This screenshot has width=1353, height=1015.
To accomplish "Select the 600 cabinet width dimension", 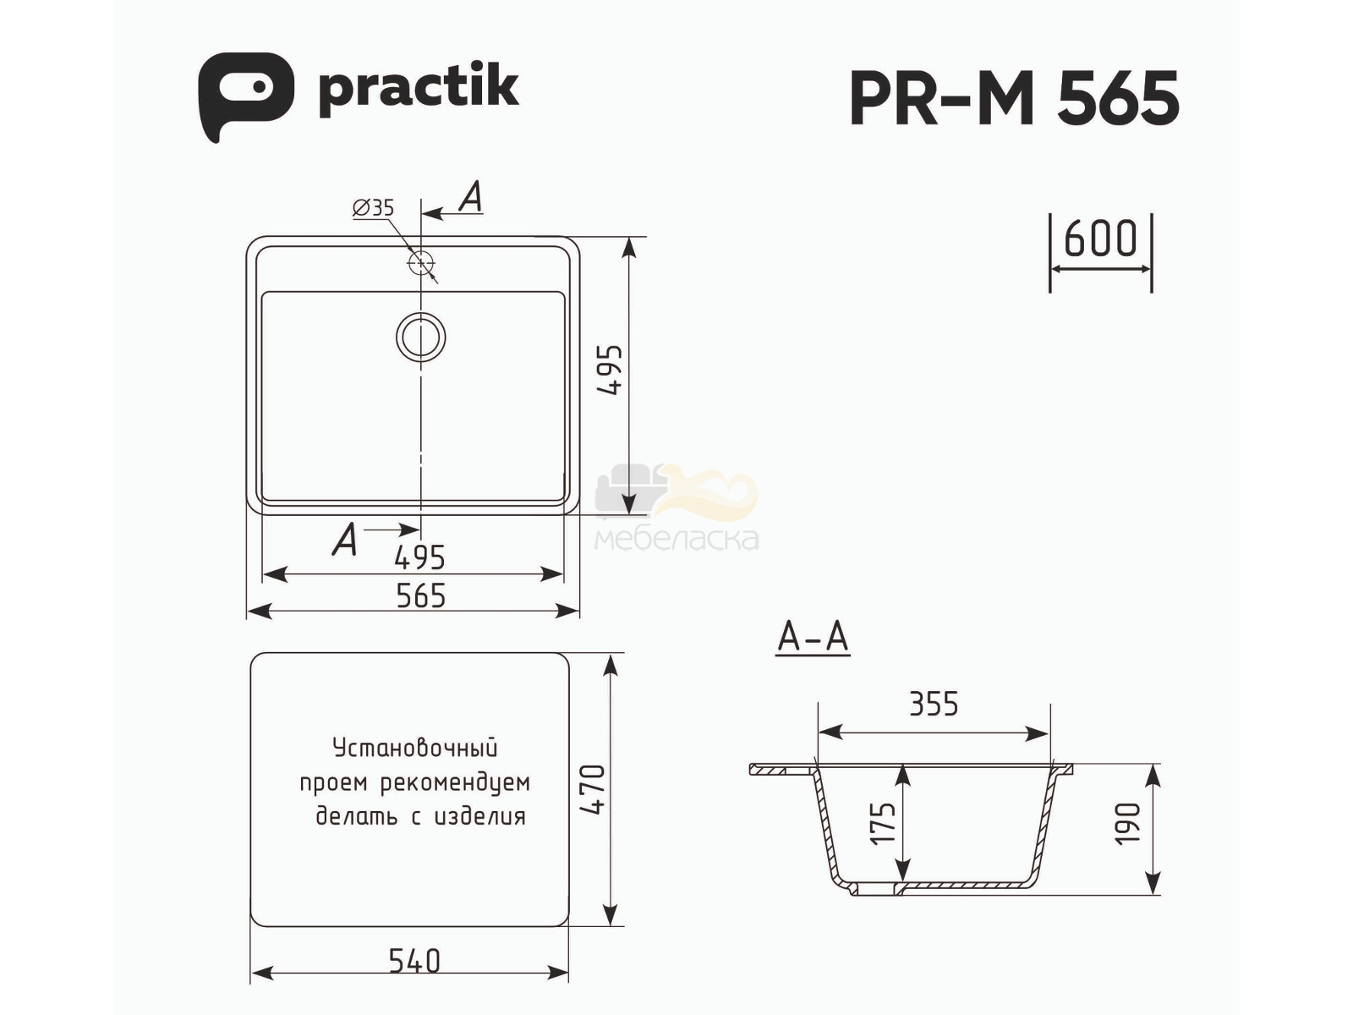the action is tap(1101, 238).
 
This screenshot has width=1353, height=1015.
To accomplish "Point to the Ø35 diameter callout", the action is tap(373, 208).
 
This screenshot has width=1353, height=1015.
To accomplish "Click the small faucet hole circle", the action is tap(421, 263).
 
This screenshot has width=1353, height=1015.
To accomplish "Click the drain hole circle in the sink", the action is tap(421, 337).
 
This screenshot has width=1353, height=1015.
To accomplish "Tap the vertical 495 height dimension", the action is tap(611, 370).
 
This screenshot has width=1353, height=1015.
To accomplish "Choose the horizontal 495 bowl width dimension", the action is tap(419, 557).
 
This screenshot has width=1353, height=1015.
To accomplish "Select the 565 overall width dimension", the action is tap(420, 596).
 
